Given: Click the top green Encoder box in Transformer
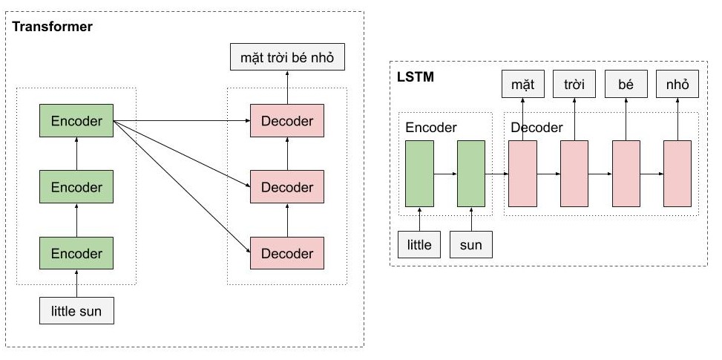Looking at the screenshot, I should pos(76,121).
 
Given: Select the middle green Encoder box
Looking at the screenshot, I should pos(76,186).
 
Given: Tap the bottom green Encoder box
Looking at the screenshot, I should pos(76,252).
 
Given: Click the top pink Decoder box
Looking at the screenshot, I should pos(287,121).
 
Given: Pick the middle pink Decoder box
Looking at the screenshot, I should pos(287,186).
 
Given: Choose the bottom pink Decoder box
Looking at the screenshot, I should pos(287,253).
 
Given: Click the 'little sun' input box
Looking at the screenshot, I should pos(76,310).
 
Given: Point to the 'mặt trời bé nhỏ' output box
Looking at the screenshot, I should pos(287,56).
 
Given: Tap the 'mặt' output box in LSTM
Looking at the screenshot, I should pos(522,85).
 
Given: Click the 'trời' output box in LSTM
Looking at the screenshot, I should pos(574,85).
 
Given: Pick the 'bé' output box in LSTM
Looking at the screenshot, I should pos(626,85).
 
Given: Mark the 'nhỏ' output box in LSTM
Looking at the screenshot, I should pos(677,85).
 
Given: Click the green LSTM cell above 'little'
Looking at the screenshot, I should pos(419,174).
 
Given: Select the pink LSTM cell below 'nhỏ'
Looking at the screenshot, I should pos(677,174).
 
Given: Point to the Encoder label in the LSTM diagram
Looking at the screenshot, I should pos(430,128).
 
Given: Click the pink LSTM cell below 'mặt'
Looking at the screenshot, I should pos(522,174).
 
